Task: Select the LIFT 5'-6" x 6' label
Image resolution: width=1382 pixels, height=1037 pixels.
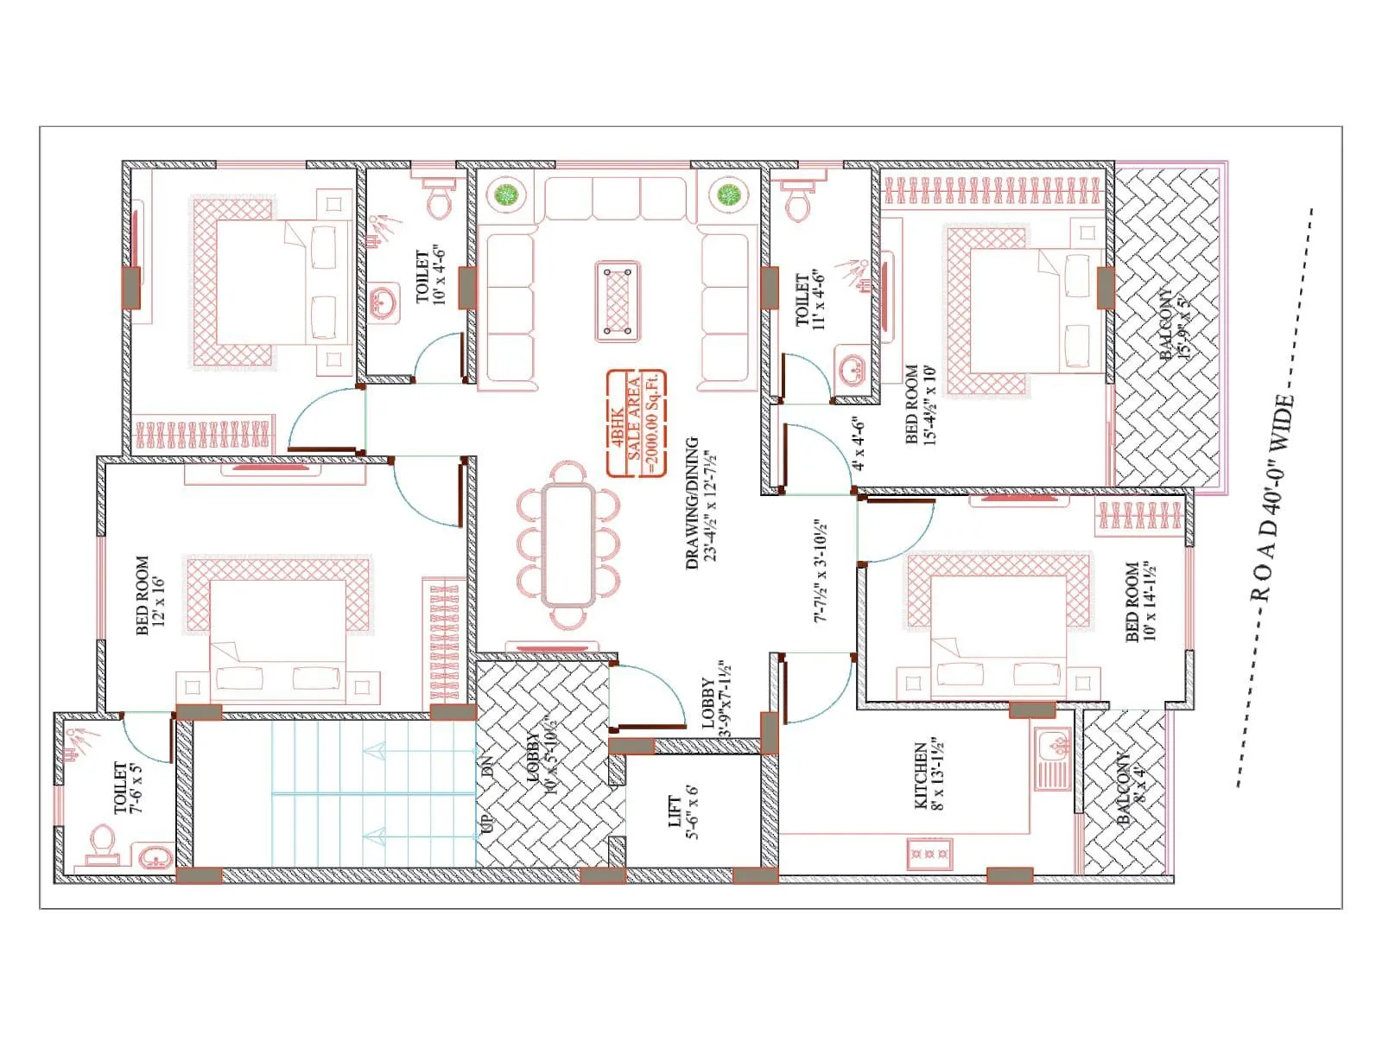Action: click(x=683, y=811)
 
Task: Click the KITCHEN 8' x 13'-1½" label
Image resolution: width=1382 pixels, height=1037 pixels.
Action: click(x=929, y=774)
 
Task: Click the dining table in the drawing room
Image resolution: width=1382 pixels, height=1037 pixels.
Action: click(x=568, y=544)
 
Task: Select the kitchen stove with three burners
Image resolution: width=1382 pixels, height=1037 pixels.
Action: click(x=929, y=853)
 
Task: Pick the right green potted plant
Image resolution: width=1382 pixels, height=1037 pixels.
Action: click(x=730, y=194)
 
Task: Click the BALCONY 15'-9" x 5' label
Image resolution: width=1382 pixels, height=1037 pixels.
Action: click(x=1175, y=325)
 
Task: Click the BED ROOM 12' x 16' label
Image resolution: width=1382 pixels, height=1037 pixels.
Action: click(x=149, y=595)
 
